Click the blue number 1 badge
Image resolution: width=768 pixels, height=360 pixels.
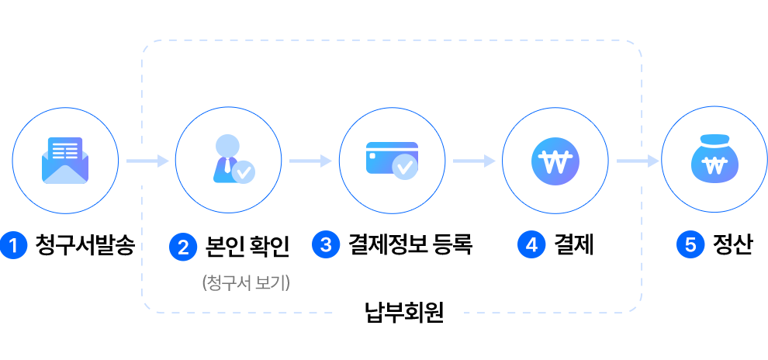pos(14,246)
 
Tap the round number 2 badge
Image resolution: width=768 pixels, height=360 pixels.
pos(183,247)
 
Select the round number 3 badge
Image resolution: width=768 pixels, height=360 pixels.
pos(326,245)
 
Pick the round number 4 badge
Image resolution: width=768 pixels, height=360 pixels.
pos(531,245)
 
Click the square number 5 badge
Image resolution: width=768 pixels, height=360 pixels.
pos(690,245)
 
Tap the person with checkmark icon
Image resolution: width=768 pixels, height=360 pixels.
pos(230,160)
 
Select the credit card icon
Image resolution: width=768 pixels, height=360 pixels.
pos(392,159)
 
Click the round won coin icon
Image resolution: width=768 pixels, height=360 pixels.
pos(555,161)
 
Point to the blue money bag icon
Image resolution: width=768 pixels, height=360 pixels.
pos(712,161)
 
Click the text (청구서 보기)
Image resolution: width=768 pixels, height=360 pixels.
pos(245,283)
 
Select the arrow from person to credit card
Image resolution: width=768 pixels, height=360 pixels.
pos(310,161)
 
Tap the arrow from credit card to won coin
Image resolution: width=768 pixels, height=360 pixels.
pos(474,161)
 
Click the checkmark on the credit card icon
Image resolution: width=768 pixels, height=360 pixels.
pos(404,167)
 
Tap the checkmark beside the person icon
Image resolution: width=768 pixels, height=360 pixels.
pos(243,171)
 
